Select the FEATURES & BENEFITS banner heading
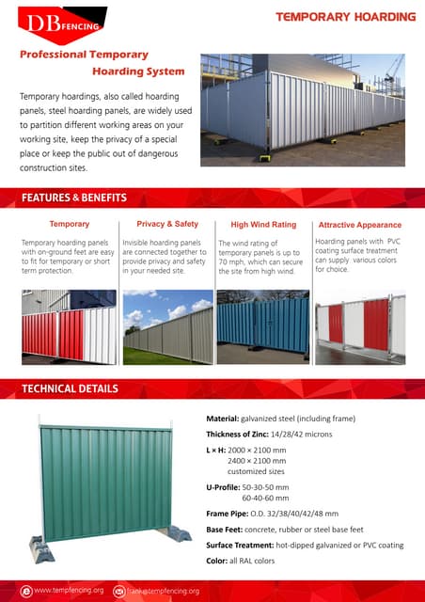(x=73, y=198)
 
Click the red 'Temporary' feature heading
(x=69, y=224)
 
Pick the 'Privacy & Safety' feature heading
(x=167, y=224)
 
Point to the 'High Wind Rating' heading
(x=263, y=225)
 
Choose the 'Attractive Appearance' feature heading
(x=359, y=225)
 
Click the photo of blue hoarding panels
(x=262, y=325)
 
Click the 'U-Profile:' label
(x=225, y=486)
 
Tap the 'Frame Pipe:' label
(x=227, y=515)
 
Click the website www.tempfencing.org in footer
(x=69, y=590)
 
